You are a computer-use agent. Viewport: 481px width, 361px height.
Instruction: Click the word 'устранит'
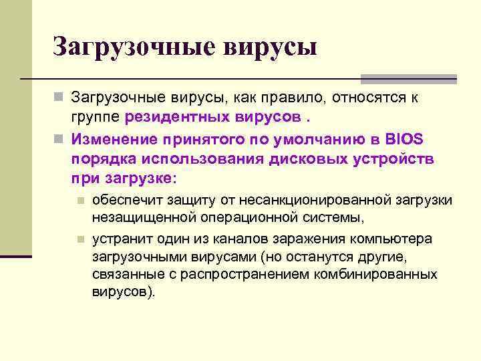click(117, 239)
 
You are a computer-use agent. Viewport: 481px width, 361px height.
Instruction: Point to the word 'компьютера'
click(395, 239)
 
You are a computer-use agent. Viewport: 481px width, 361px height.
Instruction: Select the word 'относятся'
click(367, 98)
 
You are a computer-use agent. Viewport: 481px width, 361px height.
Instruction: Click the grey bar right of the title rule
click(408, 79)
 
